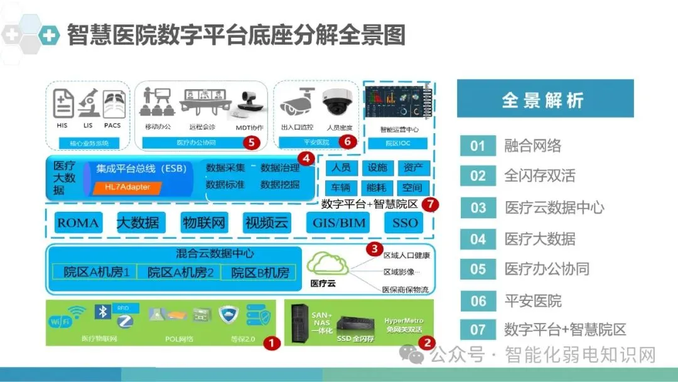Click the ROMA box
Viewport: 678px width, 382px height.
77,222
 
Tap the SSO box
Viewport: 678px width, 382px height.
405,222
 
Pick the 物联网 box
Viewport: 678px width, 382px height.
203,222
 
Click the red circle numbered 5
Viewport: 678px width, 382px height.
251,142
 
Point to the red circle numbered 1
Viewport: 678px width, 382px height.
271,343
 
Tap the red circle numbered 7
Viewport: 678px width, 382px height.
430,204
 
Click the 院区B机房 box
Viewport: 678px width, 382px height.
260,273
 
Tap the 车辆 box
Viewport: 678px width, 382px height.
341,187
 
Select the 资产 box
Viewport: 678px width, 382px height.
413,168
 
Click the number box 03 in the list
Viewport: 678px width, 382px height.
478,208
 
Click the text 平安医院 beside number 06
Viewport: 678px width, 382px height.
533,301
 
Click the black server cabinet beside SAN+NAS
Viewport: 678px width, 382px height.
300,323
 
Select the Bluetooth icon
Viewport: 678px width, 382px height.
102,312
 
